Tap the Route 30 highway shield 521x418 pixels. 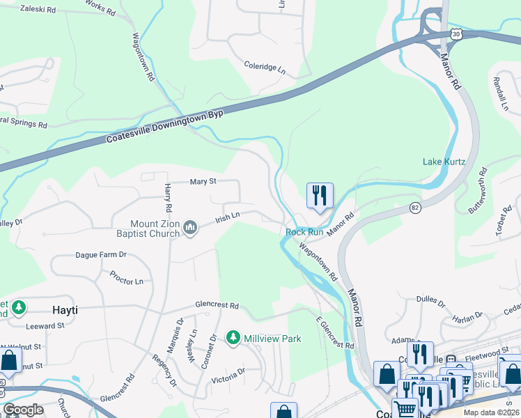tap(456, 33)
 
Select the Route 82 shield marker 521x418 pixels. tap(415, 208)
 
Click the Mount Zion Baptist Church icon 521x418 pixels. tap(189, 227)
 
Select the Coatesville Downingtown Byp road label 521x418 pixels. tap(164, 126)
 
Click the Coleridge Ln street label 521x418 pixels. tap(265, 69)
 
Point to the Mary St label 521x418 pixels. tap(204, 182)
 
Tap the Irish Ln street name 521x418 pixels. tap(227, 216)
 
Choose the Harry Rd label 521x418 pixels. tap(168, 199)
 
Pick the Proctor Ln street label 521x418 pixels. tap(126, 281)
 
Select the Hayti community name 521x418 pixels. tap(65, 309)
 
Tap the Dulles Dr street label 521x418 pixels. tap(430, 301)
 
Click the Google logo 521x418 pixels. tap(24, 410)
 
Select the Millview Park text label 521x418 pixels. tap(272, 339)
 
